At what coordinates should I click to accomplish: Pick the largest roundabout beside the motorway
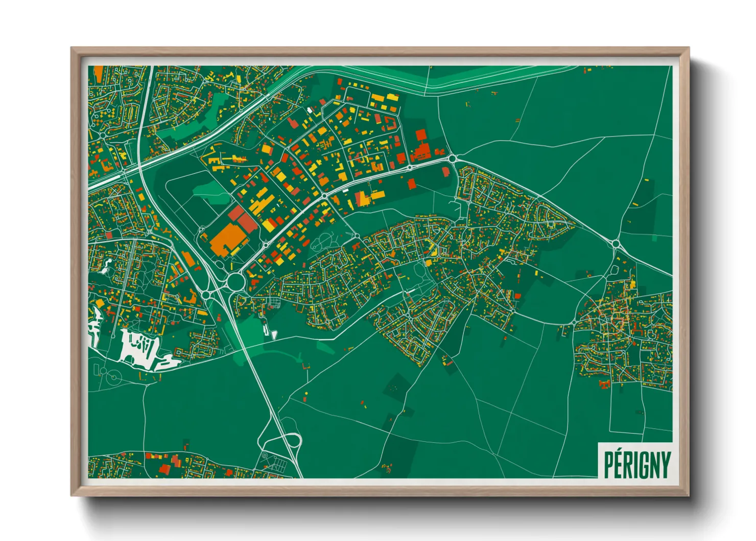(x=235, y=281)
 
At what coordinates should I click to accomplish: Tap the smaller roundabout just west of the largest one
(x=206, y=295)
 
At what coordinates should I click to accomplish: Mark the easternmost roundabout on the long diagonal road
(x=616, y=244)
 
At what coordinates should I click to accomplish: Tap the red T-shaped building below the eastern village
(x=605, y=384)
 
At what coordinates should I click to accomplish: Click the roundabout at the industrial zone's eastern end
(x=452, y=159)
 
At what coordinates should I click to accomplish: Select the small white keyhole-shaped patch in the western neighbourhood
(x=108, y=264)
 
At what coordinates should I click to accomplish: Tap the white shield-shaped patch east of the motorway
(x=274, y=335)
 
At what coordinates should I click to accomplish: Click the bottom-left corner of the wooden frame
(x=72, y=495)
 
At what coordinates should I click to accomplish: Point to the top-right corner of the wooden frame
(x=689, y=48)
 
